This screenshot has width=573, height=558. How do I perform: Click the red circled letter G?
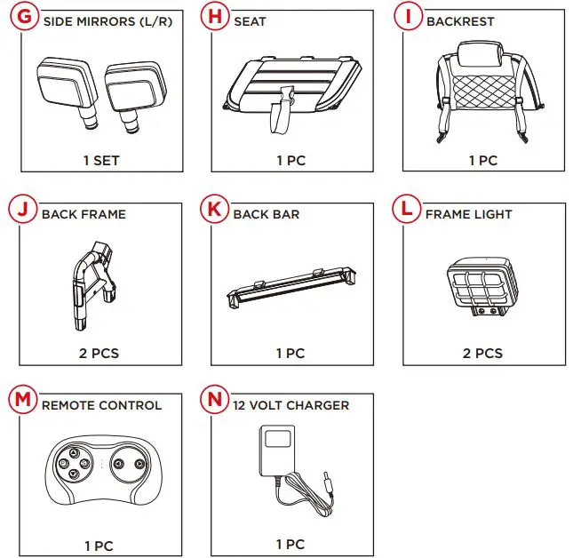(x=24, y=17)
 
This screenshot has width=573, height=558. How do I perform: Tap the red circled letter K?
(x=214, y=209)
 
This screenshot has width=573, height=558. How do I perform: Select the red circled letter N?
(x=214, y=399)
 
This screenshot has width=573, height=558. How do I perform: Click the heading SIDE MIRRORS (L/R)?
(x=107, y=21)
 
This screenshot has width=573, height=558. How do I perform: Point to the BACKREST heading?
(x=460, y=21)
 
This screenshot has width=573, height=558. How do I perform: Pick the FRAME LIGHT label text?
(x=468, y=214)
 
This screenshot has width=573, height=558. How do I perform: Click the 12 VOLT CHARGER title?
(x=291, y=405)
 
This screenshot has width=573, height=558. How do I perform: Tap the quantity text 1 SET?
(x=101, y=161)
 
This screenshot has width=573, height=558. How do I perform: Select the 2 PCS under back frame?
(x=99, y=354)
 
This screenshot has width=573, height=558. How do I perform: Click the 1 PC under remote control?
(x=99, y=546)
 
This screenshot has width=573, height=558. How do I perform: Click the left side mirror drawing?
(x=68, y=92)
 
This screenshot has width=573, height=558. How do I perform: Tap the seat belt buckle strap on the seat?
(x=282, y=109)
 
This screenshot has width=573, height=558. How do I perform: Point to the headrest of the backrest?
(x=480, y=54)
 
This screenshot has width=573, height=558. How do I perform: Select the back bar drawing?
(x=291, y=287)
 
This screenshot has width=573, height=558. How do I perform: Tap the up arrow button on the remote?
(x=75, y=453)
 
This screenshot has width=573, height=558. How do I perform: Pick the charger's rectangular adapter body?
(x=277, y=450)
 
